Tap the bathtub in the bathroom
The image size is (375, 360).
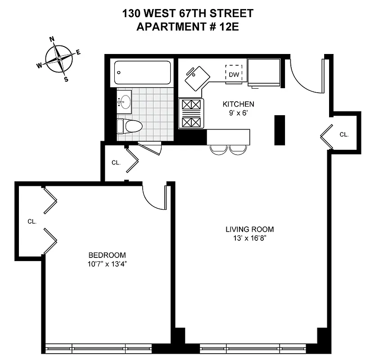[x=142, y=72]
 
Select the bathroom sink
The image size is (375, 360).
[x=124, y=102]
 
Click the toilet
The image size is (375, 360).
[x=131, y=126]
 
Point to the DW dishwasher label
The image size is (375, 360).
[x=234, y=75]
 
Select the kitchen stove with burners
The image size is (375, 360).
[x=191, y=113]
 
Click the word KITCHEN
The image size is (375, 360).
[x=238, y=104]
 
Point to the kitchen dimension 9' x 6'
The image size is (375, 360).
[x=238, y=113]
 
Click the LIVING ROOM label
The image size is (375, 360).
[x=249, y=229]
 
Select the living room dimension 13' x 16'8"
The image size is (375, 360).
[x=249, y=238]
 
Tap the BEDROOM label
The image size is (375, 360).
[x=107, y=254]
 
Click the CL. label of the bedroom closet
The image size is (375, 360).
[x=32, y=221]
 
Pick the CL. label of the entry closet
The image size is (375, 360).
[x=344, y=134]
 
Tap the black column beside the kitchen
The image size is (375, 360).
[x=280, y=130]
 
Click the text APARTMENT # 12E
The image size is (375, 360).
[x=187, y=27]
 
